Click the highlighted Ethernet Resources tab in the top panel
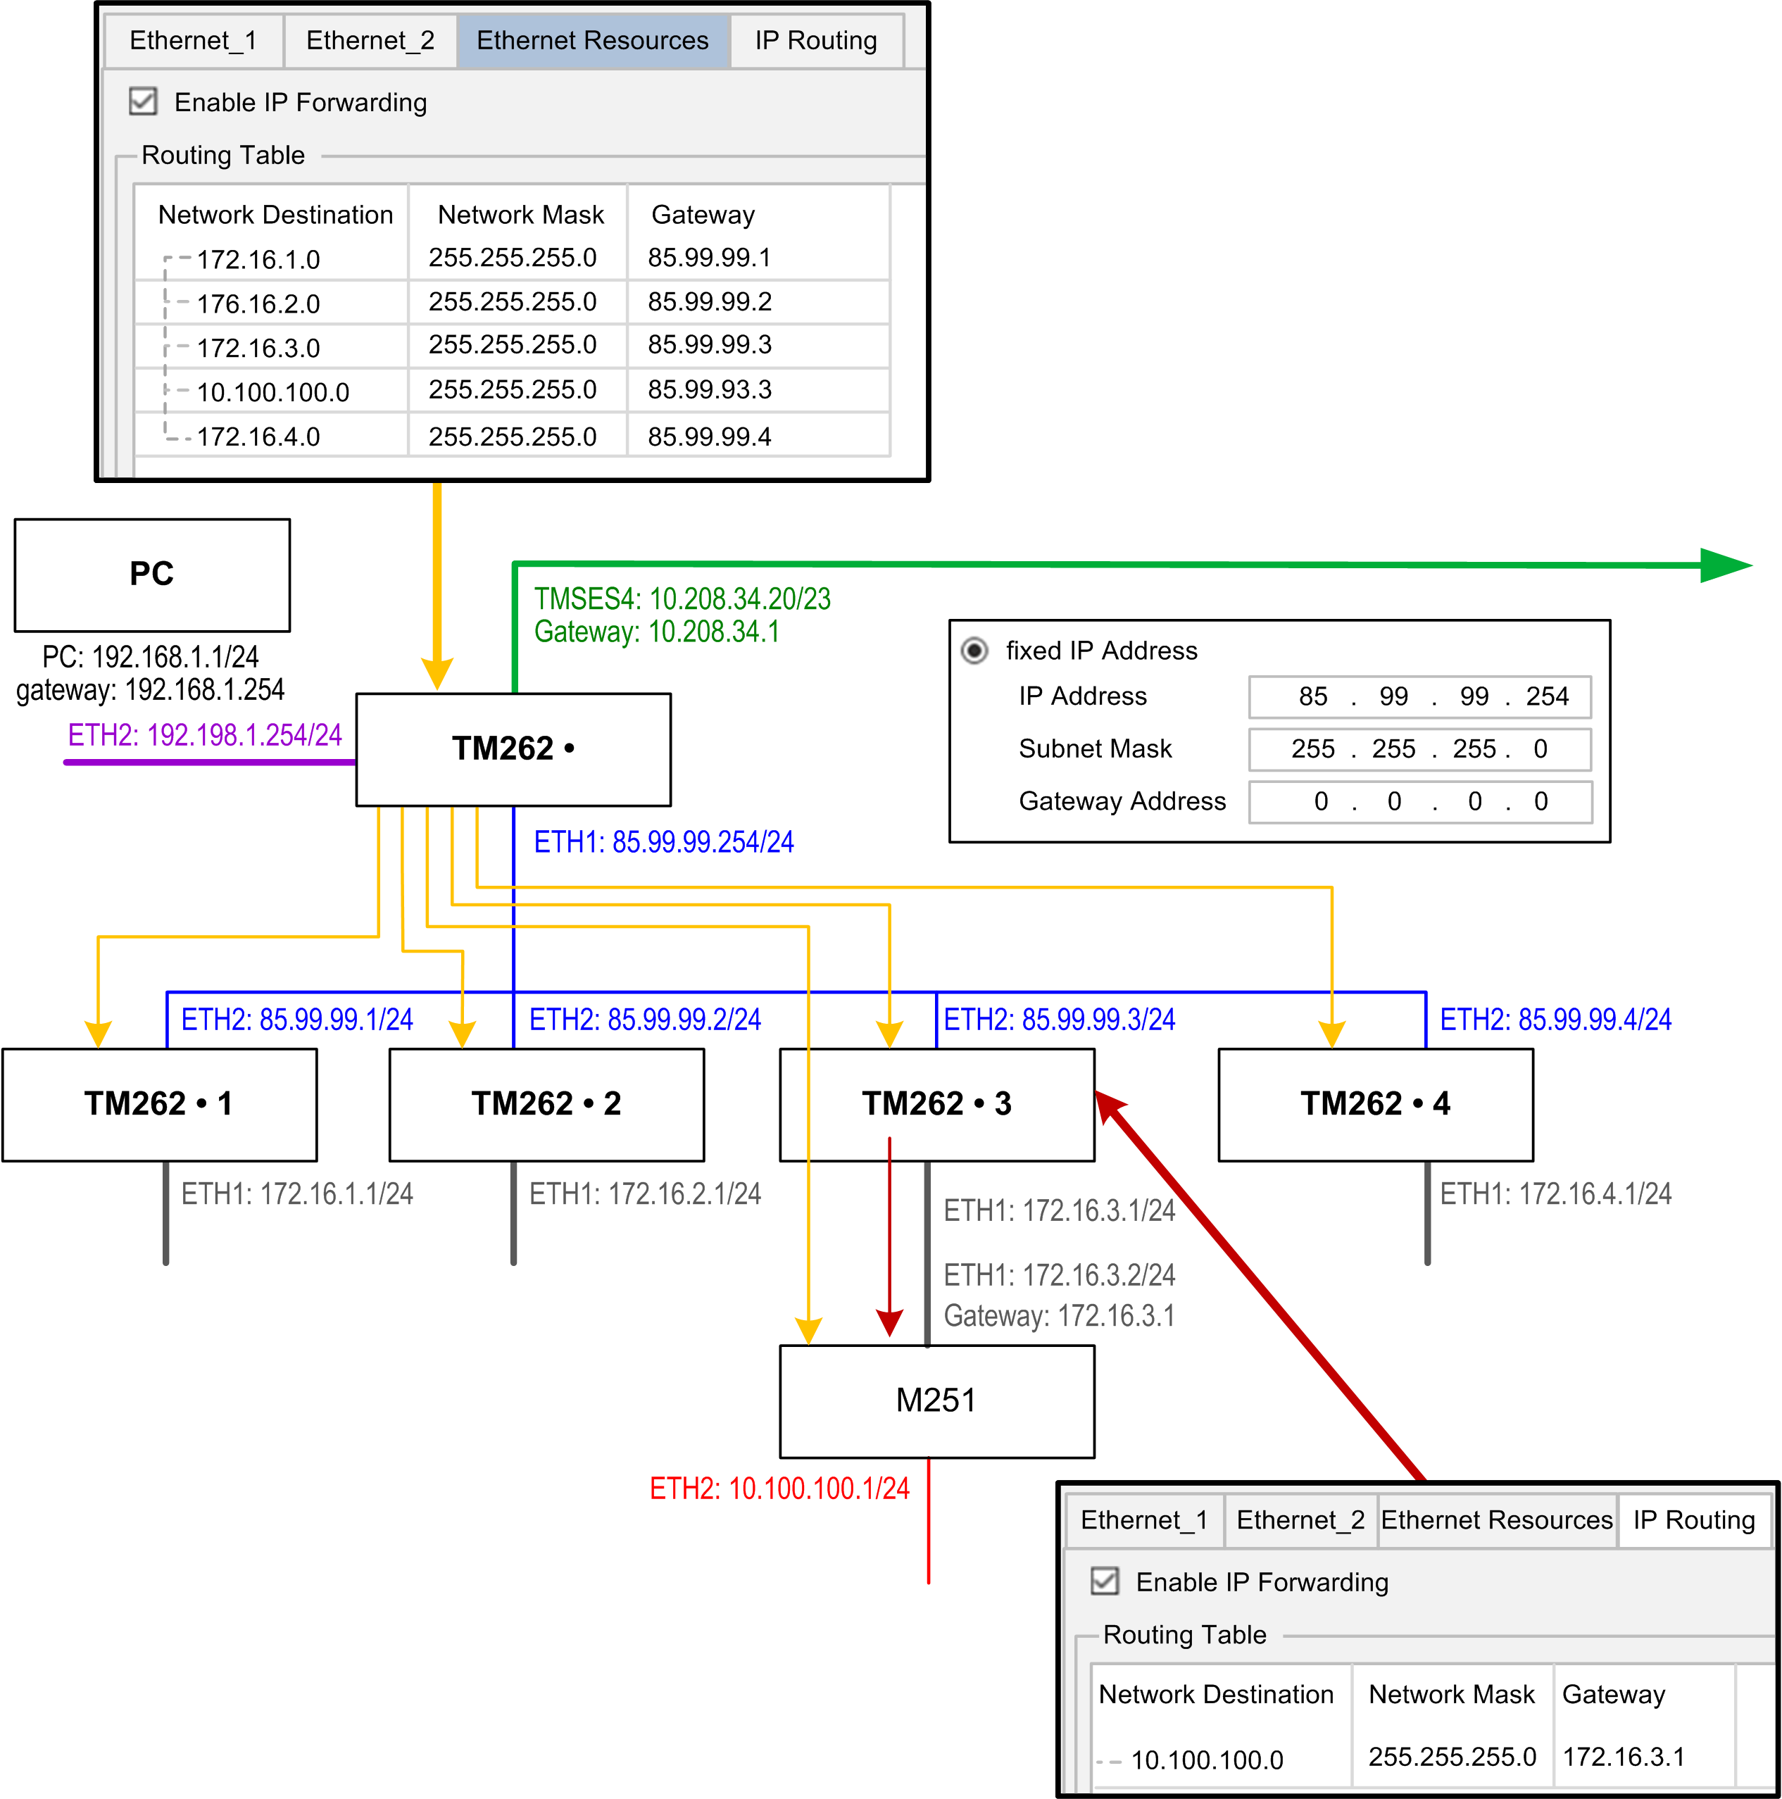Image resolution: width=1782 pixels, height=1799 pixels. tap(592, 41)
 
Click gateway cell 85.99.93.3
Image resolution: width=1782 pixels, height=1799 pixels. tap(710, 389)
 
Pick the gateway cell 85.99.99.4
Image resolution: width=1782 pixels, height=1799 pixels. tap(710, 436)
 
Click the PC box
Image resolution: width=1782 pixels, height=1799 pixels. tap(152, 575)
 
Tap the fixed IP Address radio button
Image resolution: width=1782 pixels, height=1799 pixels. tap(974, 650)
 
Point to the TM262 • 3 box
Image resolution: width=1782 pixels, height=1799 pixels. tap(936, 1104)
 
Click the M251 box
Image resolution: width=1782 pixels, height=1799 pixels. tap(936, 1400)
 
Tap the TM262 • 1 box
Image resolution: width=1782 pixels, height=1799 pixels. tap(159, 1104)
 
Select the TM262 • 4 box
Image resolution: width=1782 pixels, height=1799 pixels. tap(1375, 1104)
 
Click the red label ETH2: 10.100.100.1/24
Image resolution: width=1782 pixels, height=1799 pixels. tap(779, 1488)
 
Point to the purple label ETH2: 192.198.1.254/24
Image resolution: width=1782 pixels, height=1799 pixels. tap(205, 736)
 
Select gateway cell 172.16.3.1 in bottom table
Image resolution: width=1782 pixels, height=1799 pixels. tap(1624, 1756)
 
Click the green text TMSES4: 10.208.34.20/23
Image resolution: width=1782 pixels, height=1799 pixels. tap(682, 598)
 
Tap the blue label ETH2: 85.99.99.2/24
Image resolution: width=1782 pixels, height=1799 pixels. tap(645, 1020)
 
